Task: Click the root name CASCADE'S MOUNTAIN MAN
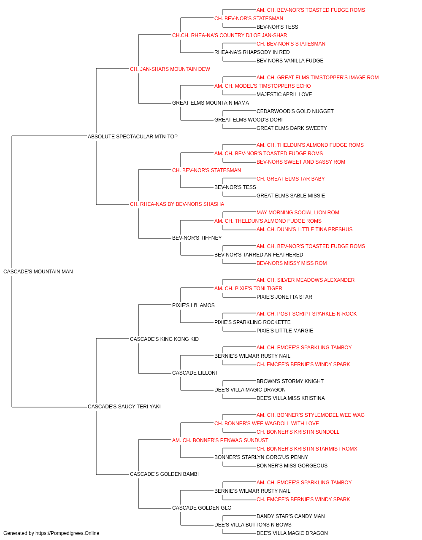(x=38, y=272)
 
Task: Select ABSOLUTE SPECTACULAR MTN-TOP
(x=133, y=137)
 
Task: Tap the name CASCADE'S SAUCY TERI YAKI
(x=124, y=407)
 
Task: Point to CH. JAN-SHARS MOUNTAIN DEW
(x=170, y=69)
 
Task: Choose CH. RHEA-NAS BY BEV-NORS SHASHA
(x=177, y=204)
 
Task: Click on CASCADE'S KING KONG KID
(x=164, y=339)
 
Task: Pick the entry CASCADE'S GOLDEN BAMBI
(x=164, y=474)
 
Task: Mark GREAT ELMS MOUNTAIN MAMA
(x=211, y=103)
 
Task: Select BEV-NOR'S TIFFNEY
(x=197, y=238)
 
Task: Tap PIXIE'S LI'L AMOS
(x=193, y=305)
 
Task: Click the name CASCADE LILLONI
(x=195, y=373)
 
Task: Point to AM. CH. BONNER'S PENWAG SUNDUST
(x=220, y=440)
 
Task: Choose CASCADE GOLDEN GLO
(x=202, y=508)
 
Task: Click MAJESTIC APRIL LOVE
(x=284, y=94)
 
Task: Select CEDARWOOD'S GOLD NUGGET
(x=295, y=111)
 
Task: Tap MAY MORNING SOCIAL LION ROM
(x=298, y=213)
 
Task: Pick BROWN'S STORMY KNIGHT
(x=290, y=381)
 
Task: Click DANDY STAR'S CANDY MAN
(x=290, y=516)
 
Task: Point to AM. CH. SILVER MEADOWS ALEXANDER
(x=306, y=280)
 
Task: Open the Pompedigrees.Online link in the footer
(x=68, y=533)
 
